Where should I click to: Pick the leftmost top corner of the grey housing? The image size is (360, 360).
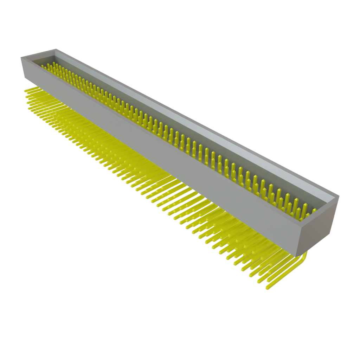pos(21,57)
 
